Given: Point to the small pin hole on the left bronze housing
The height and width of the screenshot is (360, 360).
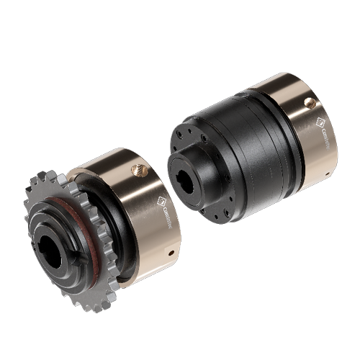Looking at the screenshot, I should pos(171,253).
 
